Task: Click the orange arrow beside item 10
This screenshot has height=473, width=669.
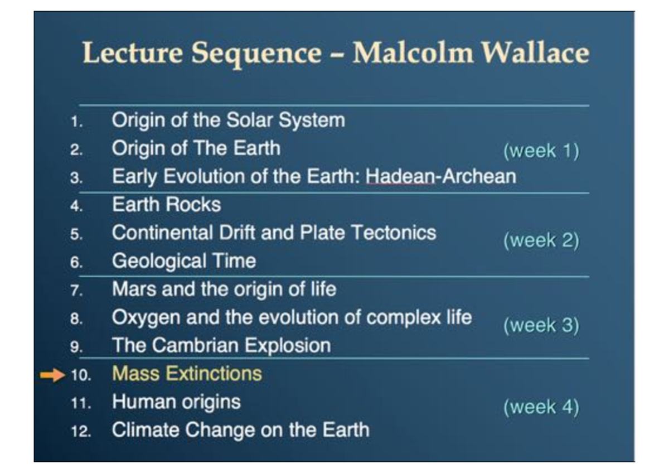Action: (x=52, y=375)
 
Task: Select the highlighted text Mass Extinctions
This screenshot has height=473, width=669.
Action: (x=187, y=373)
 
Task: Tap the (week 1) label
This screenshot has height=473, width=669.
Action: (x=541, y=151)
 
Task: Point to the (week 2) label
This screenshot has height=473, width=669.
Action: (x=541, y=240)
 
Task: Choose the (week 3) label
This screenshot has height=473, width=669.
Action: (x=541, y=325)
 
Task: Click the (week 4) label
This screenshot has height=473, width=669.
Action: (x=541, y=407)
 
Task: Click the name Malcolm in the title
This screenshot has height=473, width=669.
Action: (x=413, y=53)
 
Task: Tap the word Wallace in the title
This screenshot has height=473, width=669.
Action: (x=535, y=53)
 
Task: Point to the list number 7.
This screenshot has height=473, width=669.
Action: (x=77, y=291)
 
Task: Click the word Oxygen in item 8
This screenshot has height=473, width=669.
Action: (x=146, y=317)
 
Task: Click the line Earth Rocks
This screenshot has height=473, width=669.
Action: (x=166, y=204)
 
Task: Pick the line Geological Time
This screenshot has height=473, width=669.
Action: (x=184, y=260)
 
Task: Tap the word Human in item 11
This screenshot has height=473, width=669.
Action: (x=142, y=402)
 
